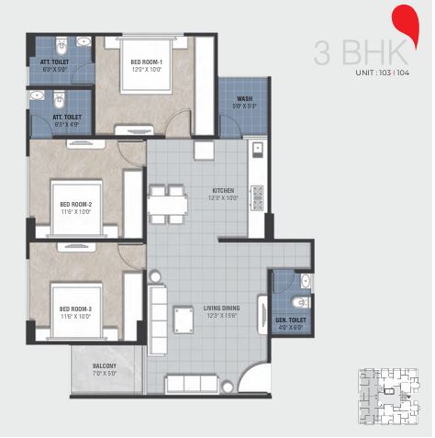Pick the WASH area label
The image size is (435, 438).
(x=244, y=98)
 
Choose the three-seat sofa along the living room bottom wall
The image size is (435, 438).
(x=188, y=384)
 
